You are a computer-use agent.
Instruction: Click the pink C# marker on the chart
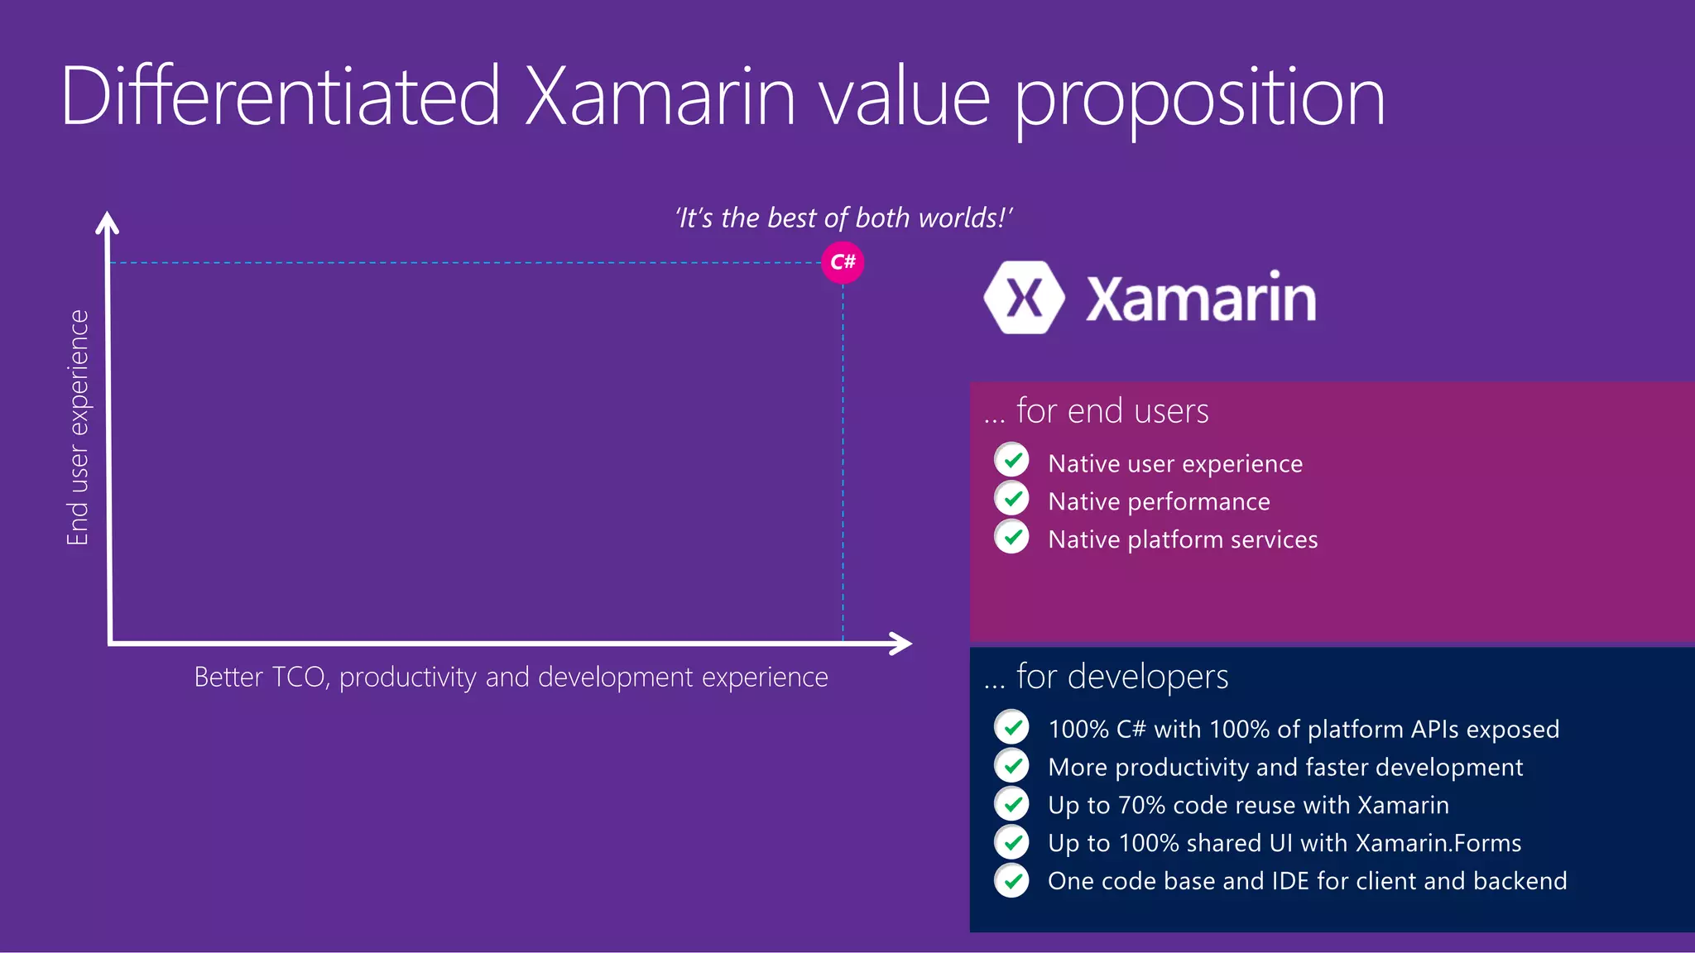[x=843, y=262]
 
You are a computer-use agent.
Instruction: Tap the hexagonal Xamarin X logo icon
[x=1024, y=298]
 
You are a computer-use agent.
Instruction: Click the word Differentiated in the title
[x=281, y=97]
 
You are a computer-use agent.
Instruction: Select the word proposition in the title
[x=1199, y=99]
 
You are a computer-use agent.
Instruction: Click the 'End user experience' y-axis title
[x=77, y=428]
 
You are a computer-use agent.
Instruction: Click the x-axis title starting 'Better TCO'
[x=511, y=677]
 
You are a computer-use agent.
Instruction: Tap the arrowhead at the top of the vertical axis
[x=108, y=223]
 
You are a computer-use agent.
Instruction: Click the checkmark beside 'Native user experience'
[x=1011, y=460]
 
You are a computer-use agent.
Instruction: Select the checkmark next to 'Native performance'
[x=1011, y=498]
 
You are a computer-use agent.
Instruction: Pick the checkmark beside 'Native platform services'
[x=1011, y=536]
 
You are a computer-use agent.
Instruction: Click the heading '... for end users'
[x=1096, y=411]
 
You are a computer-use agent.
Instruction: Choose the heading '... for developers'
[x=1106, y=677]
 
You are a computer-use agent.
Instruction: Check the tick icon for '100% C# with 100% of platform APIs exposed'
[x=1011, y=727]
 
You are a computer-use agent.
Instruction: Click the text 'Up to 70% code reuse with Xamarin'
[x=1248, y=805]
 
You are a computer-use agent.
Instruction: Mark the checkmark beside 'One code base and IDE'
[x=1011, y=880]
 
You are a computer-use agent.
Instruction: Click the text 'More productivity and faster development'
[x=1285, y=767]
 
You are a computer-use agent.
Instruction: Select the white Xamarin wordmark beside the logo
[x=1201, y=299]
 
